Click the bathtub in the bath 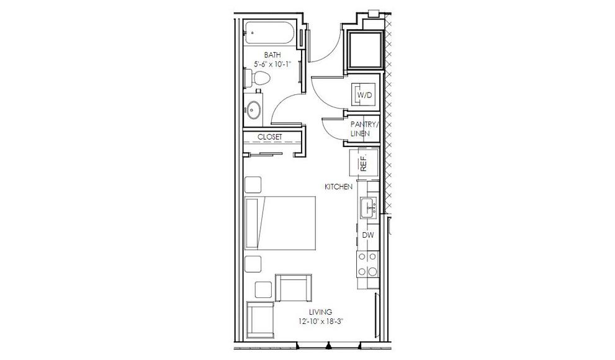click(270, 33)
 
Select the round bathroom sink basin click(253, 110)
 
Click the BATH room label click(272, 55)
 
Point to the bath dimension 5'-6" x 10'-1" click(272, 64)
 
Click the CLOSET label click(269, 137)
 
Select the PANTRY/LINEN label click(365, 128)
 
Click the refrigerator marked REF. click(364, 163)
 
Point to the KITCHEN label click(338, 187)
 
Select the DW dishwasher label click(367, 235)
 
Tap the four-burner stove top click(367, 264)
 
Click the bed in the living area click(280, 223)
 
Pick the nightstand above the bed click(253, 185)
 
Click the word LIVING click(320, 312)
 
